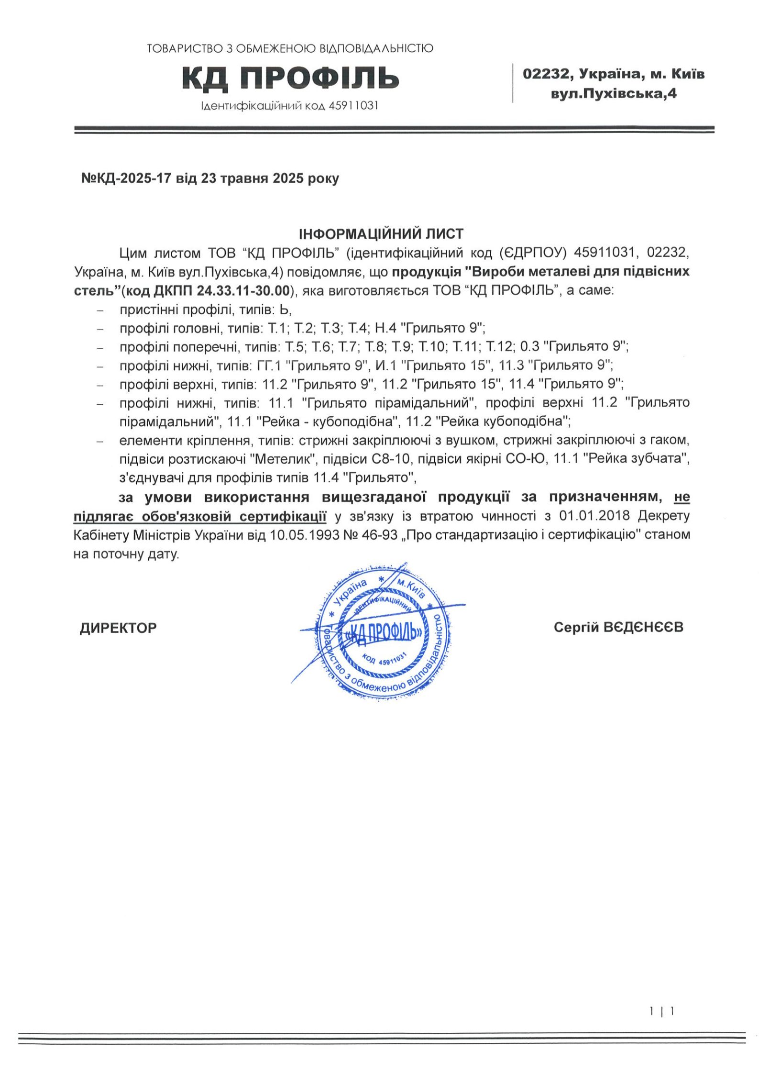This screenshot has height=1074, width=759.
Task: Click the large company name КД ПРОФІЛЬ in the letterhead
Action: (290, 78)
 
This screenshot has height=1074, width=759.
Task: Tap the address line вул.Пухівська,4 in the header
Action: (614, 94)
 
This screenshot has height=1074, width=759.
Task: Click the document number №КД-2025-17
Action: (126, 178)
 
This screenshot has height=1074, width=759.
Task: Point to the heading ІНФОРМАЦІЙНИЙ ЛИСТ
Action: (381, 234)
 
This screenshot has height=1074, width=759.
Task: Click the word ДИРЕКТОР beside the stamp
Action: (118, 628)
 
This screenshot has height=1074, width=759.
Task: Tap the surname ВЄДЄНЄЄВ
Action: (644, 627)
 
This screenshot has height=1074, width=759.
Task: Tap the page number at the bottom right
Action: (662, 1011)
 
